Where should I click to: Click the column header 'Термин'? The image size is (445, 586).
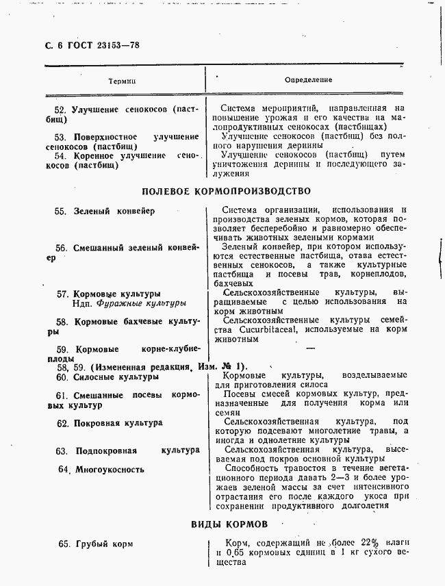pyautogui.click(x=123, y=81)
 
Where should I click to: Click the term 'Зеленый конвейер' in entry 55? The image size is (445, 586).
pyautogui.click(x=114, y=212)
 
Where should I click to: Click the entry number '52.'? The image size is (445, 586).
pyautogui.click(x=60, y=110)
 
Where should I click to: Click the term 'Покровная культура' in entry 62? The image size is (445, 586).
pyautogui.click(x=118, y=423)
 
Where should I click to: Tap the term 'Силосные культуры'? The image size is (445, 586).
pyautogui.click(x=116, y=377)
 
